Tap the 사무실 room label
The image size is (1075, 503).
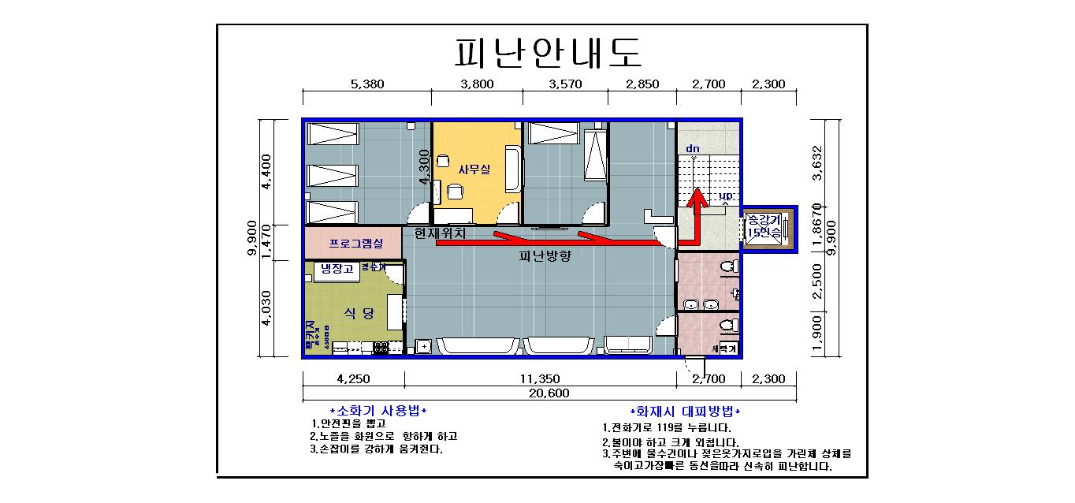[x=474, y=167]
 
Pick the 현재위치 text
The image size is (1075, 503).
[x=440, y=233]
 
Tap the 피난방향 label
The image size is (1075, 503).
[x=545, y=256]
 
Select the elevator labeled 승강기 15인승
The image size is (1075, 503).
[x=763, y=226]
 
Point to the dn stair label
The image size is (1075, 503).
[x=692, y=148]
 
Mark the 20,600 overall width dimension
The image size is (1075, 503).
[x=549, y=393]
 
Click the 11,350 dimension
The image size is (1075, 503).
[x=540, y=378]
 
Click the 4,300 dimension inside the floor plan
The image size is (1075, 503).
[x=425, y=167]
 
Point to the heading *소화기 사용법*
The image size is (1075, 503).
[x=379, y=412]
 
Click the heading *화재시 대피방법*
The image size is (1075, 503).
[x=685, y=412]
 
